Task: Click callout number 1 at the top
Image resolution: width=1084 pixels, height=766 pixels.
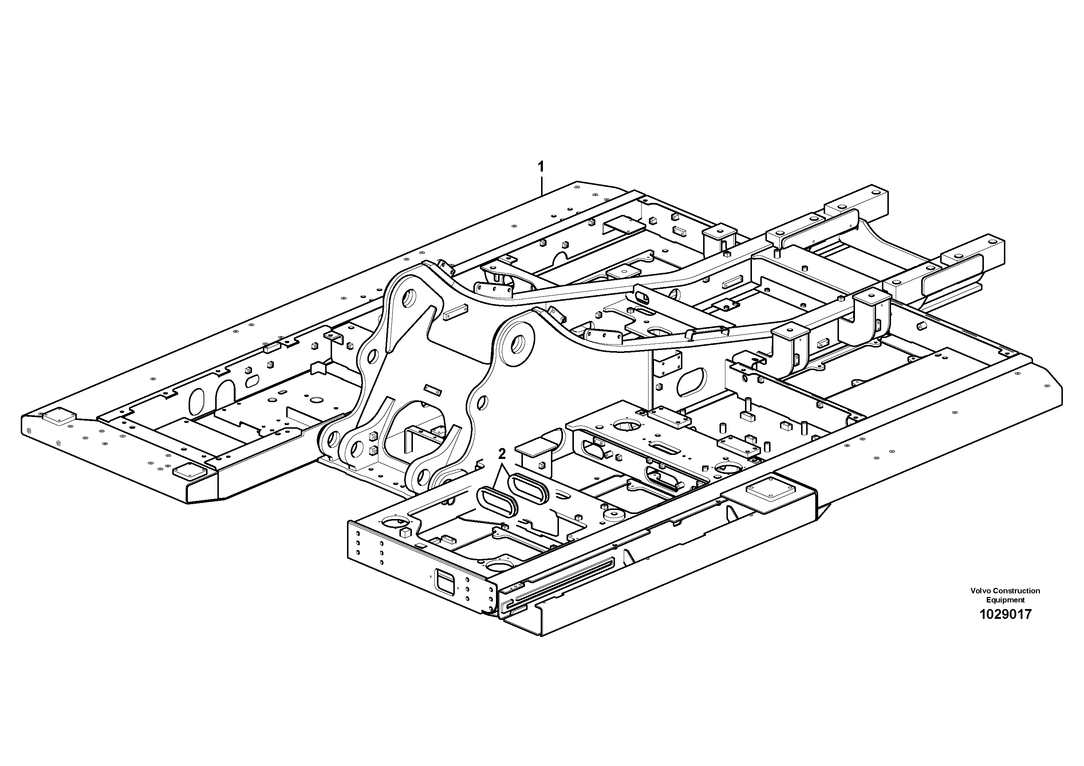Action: tap(541, 167)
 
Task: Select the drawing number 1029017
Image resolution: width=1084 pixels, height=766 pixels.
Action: tap(1005, 614)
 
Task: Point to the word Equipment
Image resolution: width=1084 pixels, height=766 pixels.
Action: tap(1005, 600)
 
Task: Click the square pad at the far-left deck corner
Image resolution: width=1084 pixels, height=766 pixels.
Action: tap(59, 417)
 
